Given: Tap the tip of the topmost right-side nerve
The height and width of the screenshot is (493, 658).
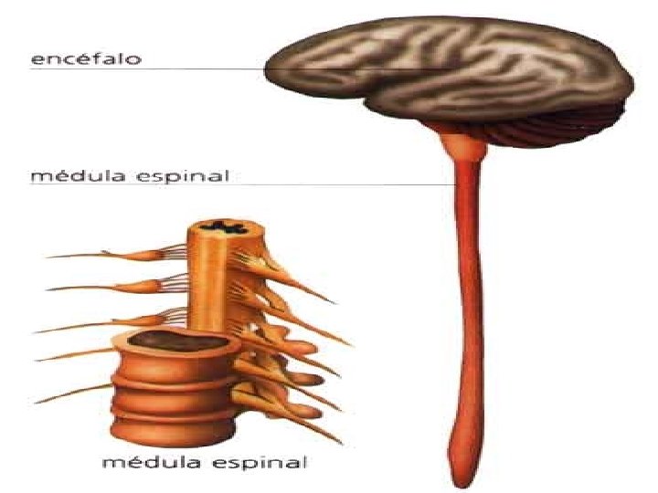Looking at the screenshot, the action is tap(333, 301).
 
